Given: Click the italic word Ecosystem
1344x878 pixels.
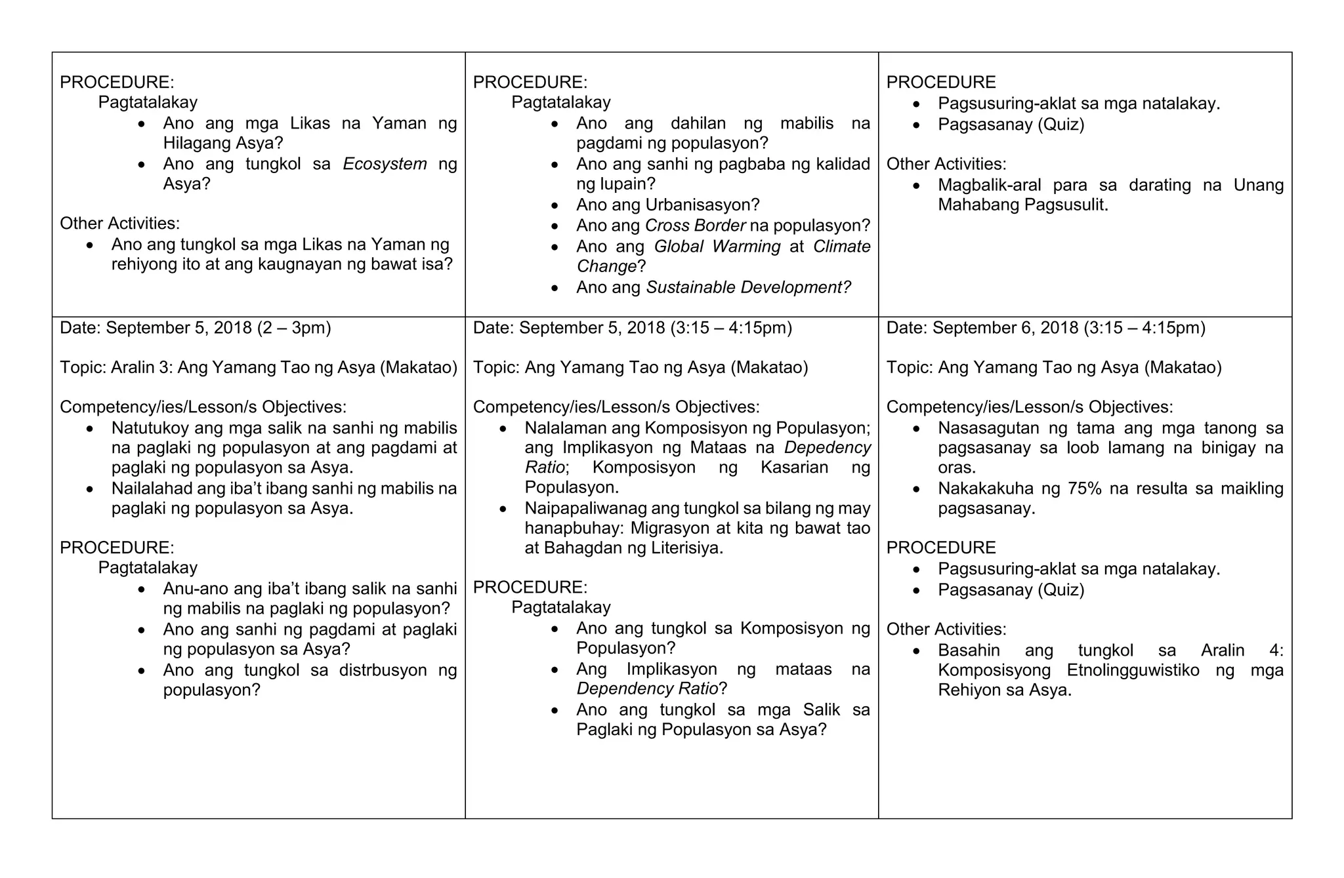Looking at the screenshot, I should tap(385, 164).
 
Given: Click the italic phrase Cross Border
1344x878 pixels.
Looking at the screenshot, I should tap(695, 226).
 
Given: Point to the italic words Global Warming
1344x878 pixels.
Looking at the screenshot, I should tap(717, 247).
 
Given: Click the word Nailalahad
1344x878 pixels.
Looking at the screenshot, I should tap(152, 489).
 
